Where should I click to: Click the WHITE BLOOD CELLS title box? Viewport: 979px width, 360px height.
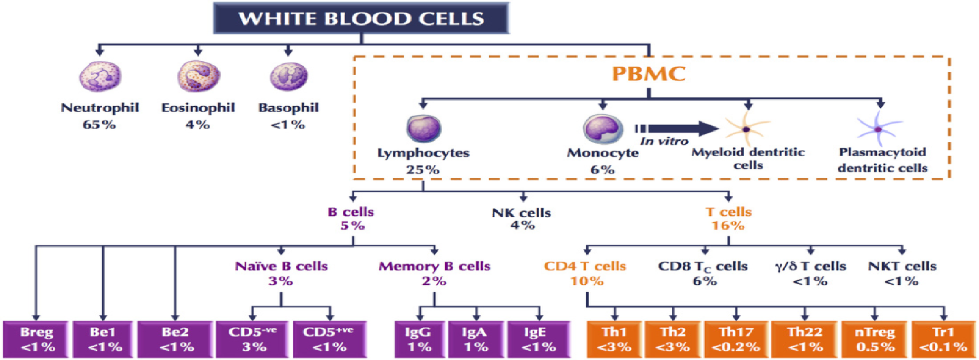coord(361,18)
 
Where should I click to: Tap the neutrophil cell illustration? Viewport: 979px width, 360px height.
coord(100,76)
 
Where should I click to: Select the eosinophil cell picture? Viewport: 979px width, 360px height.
coord(199,76)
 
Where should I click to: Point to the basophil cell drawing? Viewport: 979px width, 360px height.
coord(288,76)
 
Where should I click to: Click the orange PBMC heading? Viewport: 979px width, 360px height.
coord(649,73)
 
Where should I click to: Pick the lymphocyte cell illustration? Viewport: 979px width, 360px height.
coord(424,129)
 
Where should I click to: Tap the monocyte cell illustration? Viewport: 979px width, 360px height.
coord(603,129)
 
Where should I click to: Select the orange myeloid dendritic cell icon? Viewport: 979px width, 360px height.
coord(747,129)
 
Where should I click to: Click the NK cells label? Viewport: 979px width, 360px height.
coord(522,213)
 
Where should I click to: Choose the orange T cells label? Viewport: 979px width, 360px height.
coord(729,212)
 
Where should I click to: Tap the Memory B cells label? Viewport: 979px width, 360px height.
coord(435,266)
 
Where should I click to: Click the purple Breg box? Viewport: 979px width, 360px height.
coord(36,339)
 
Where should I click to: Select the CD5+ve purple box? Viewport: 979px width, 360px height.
coord(329,339)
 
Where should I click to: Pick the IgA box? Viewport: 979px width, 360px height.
coord(475,339)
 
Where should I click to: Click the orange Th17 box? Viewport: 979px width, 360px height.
coord(737,339)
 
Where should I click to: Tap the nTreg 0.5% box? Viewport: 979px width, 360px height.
coord(875,339)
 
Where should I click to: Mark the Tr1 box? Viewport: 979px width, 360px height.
coord(943,339)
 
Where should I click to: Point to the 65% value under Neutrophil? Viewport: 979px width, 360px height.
coord(99,125)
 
